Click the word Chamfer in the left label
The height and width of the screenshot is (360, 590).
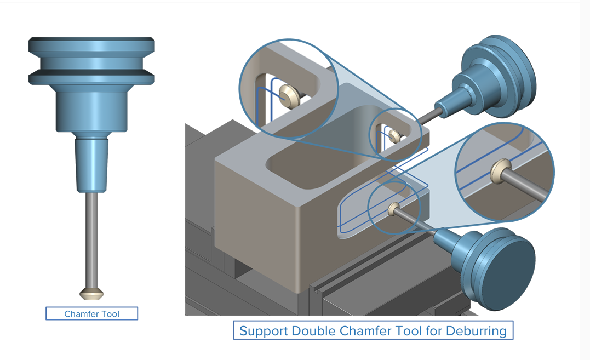click(x=81, y=314)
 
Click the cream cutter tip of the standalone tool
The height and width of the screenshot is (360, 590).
click(x=92, y=294)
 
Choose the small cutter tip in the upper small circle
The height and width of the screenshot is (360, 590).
click(x=393, y=135)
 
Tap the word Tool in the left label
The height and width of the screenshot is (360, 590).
click(x=110, y=314)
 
